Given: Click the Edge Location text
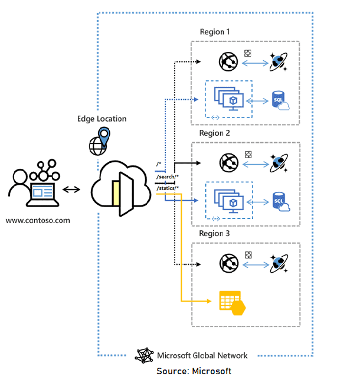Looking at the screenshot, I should [x=102, y=119].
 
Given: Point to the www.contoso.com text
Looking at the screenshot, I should [x=38, y=221].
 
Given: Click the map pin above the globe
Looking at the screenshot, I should [x=104, y=137].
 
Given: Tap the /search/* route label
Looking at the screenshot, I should [x=168, y=176].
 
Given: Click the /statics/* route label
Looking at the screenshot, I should [x=168, y=188].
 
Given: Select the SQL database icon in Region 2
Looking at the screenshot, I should [x=280, y=202].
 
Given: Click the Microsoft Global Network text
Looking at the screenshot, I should [x=202, y=355].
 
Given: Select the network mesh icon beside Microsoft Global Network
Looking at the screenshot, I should [x=145, y=355].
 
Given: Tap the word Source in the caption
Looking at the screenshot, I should [x=172, y=371].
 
